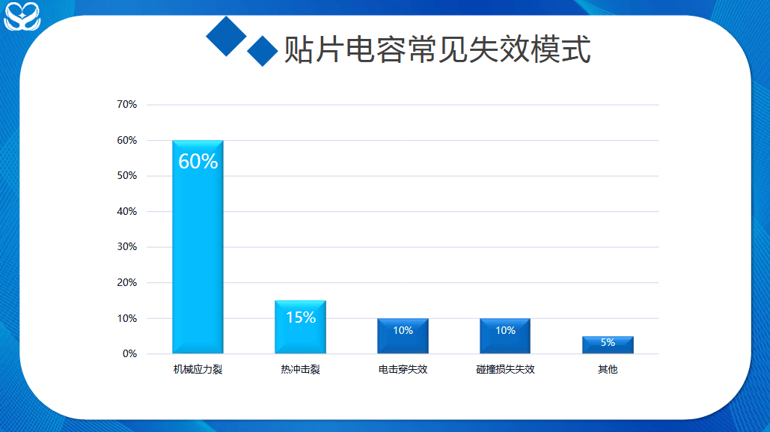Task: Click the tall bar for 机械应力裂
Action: pos(198,247)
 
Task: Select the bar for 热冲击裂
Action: pos(301,327)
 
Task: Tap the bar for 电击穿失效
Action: pos(403,335)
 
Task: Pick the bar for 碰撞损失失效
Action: pos(505,335)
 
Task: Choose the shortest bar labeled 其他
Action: pos(608,344)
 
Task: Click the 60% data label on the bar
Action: pos(198,161)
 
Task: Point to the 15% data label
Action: pos(301,317)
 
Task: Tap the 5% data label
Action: pos(608,342)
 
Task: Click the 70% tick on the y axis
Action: pos(126,104)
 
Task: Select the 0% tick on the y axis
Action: pos(129,354)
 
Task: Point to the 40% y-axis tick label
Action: pos(126,211)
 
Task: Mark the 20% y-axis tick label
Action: pos(126,282)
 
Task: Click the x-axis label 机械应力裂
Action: pos(198,369)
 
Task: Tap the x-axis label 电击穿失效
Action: pos(403,369)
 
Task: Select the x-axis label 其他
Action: pos(608,369)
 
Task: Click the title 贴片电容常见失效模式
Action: pos(437,49)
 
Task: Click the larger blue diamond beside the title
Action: pos(226,37)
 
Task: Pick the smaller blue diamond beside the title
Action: pos(263,51)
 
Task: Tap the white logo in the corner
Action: pos(22,16)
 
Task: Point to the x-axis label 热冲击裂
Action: pos(301,369)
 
